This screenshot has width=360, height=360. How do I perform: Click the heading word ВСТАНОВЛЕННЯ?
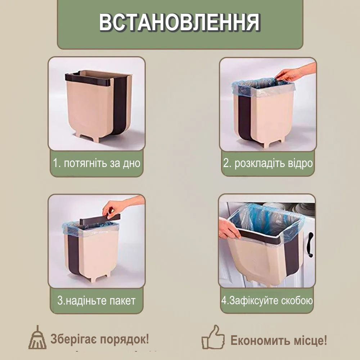pyautogui.click(x=180, y=22)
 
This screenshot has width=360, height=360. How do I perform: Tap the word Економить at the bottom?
pyautogui.click(x=261, y=340)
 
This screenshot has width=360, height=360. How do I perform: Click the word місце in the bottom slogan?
pyautogui.click(x=310, y=340)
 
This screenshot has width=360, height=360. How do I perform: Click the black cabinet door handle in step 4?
pyautogui.click(x=310, y=245)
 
